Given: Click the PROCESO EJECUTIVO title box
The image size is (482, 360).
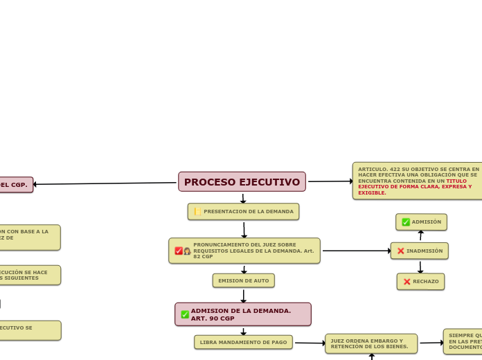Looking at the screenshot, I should [x=242, y=182].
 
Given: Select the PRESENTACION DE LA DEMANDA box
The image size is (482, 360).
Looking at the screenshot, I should [x=243, y=211].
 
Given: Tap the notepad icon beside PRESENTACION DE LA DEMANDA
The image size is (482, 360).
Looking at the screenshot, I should [x=197, y=211].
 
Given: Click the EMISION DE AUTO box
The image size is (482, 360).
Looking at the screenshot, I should [x=243, y=280].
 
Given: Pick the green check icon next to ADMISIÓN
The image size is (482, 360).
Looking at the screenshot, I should [x=406, y=222].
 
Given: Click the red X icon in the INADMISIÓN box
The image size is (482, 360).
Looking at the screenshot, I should [x=400, y=251].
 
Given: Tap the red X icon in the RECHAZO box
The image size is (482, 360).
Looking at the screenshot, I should [x=407, y=282].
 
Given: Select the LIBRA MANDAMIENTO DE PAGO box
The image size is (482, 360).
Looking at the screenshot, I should [x=243, y=342].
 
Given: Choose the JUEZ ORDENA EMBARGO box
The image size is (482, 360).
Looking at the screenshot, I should [x=371, y=343].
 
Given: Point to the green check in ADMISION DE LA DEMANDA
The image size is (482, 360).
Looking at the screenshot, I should [x=185, y=314].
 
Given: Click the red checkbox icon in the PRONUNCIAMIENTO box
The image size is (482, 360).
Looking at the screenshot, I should [x=179, y=251].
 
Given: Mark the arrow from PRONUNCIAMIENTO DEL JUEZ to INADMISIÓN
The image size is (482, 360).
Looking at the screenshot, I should [x=356, y=251].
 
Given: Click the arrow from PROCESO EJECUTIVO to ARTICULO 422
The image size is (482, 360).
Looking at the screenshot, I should [x=330, y=181].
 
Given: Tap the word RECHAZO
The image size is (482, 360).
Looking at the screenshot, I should [x=426, y=282].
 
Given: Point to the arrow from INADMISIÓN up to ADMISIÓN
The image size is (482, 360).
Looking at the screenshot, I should [x=420, y=236].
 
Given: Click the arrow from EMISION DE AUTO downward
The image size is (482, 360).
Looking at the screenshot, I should [x=243, y=296].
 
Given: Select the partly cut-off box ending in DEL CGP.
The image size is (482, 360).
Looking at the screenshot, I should [x=15, y=185].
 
